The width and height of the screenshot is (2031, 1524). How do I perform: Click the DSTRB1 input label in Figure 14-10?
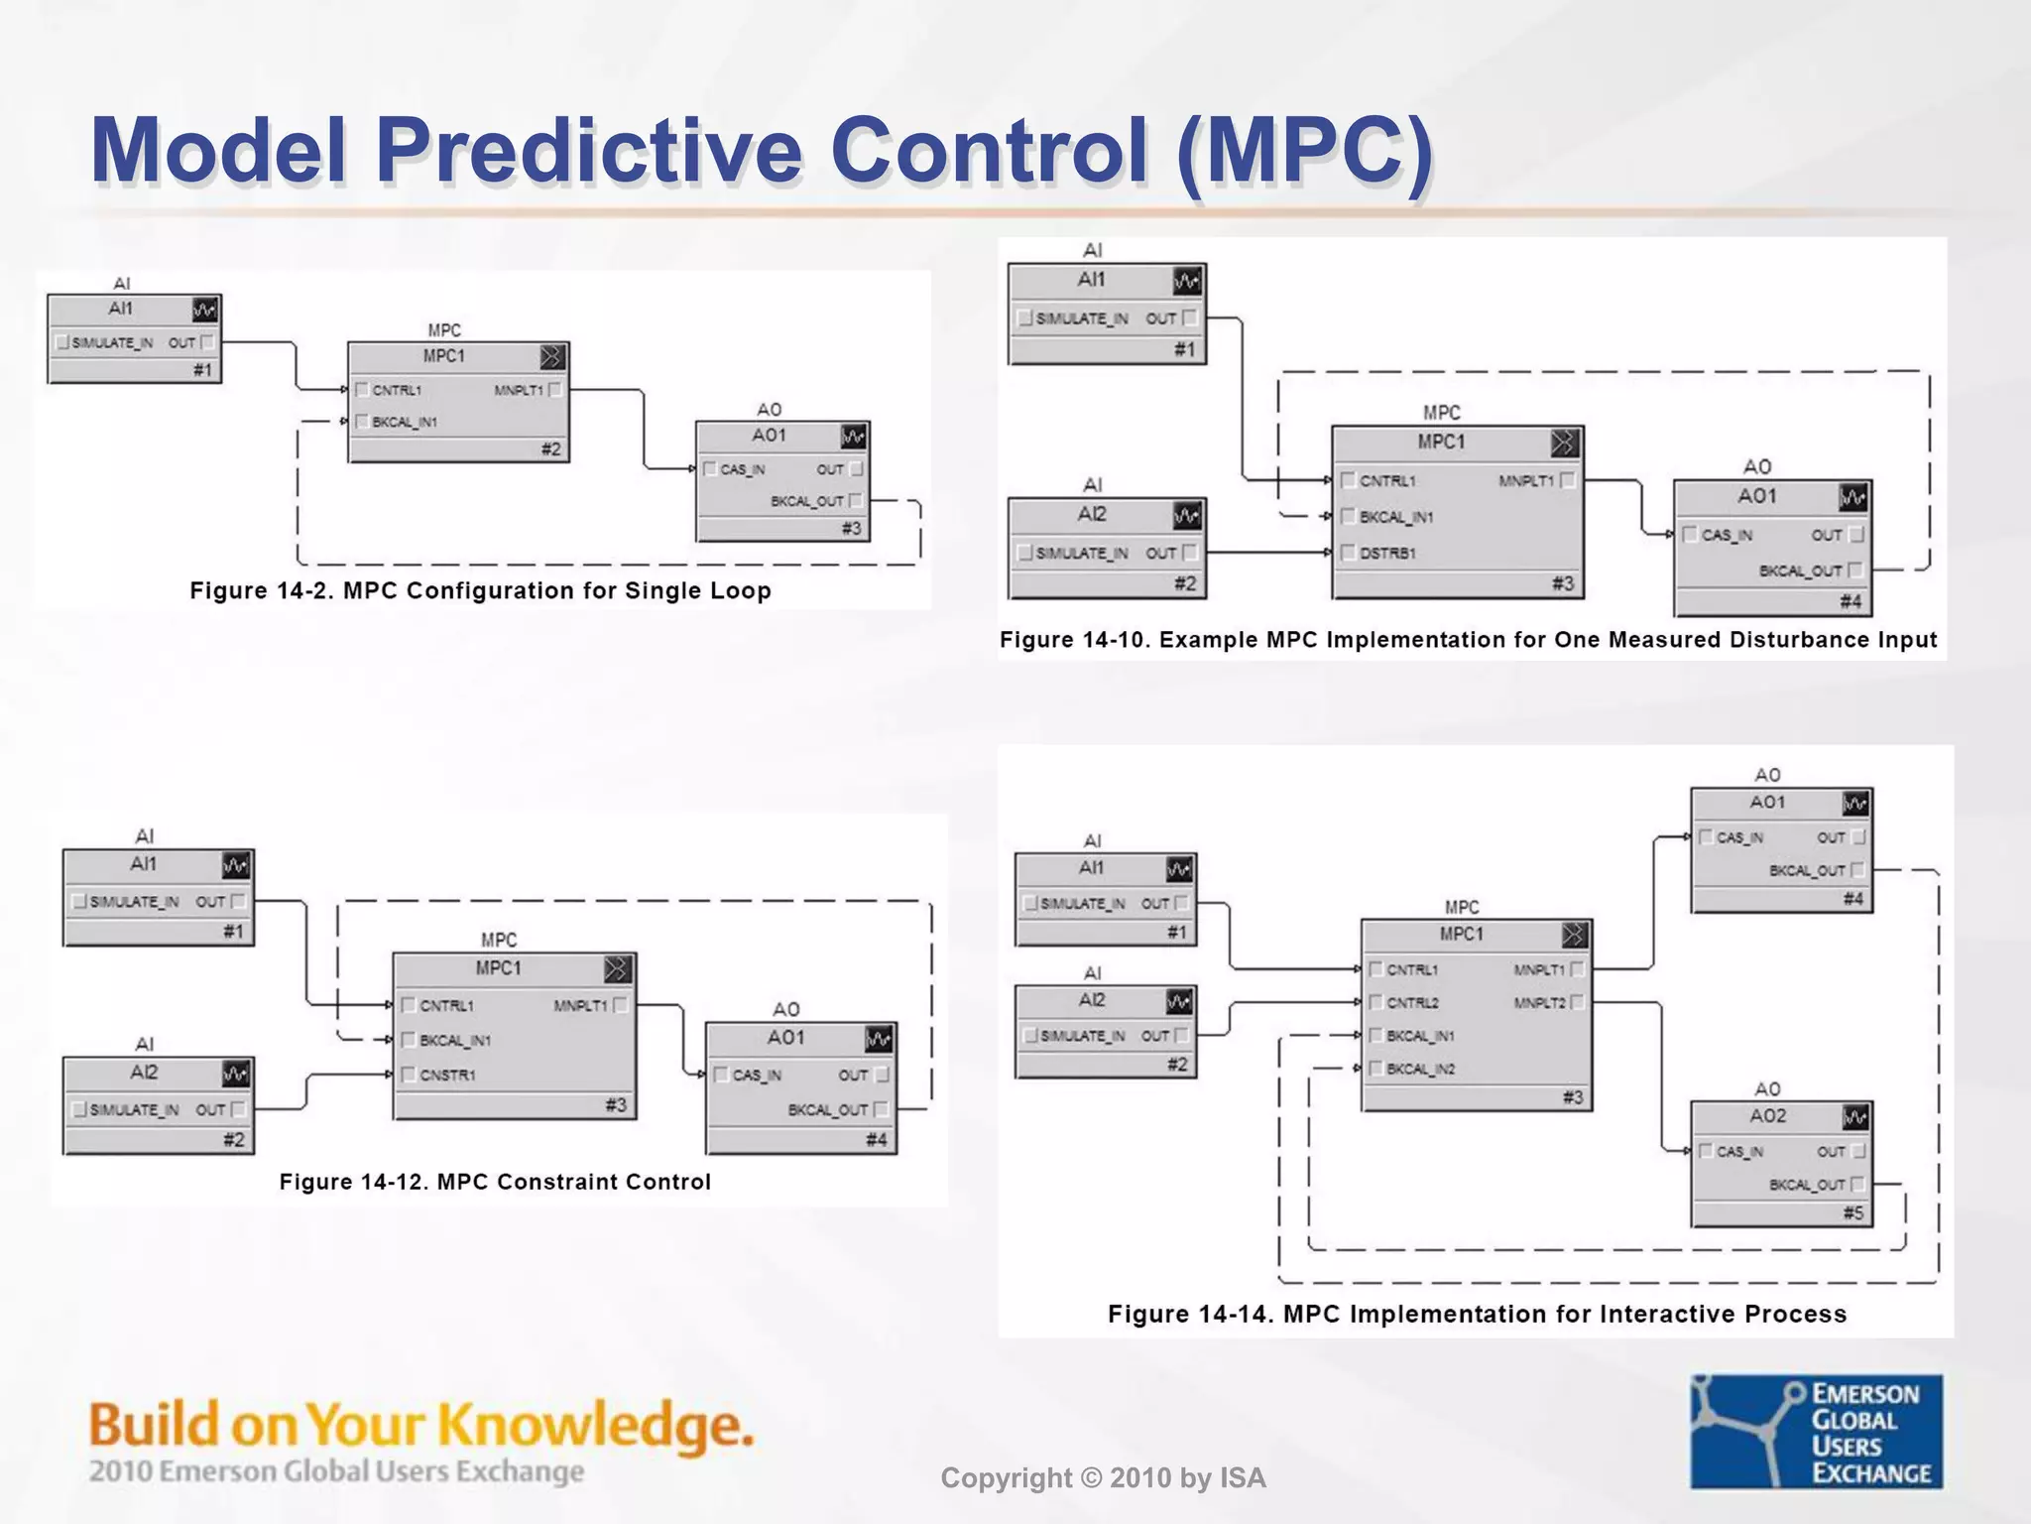(x=1387, y=553)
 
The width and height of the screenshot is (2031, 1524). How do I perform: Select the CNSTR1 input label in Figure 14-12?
(x=447, y=1075)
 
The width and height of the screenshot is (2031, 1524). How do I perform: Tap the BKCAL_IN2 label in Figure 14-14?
(x=1420, y=1069)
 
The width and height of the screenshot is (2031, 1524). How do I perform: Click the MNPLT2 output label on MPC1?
(x=1539, y=1003)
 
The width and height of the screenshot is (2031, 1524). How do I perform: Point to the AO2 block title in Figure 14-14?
(x=1767, y=1116)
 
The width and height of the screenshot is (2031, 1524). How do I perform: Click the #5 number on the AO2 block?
(x=1852, y=1212)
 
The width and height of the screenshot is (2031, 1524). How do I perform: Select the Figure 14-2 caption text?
(x=480, y=590)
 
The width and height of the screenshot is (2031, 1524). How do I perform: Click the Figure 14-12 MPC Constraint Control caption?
(x=495, y=1182)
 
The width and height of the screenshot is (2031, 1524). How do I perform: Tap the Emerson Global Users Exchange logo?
(x=1816, y=1431)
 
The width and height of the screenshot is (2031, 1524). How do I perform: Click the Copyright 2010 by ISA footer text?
(x=1103, y=1478)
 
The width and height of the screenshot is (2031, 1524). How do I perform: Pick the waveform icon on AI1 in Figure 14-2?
(x=205, y=310)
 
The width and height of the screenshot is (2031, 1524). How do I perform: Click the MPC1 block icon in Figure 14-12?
(x=616, y=968)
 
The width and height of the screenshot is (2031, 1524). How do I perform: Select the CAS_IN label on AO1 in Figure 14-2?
(x=742, y=469)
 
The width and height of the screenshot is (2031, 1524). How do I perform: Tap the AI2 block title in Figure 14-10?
(x=1092, y=514)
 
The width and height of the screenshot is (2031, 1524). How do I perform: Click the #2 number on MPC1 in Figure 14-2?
(x=551, y=449)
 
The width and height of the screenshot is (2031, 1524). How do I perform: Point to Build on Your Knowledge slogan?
(x=420, y=1425)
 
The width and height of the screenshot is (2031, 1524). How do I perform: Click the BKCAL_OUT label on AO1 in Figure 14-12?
(x=827, y=1109)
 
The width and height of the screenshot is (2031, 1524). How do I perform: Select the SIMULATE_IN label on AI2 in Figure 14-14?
(x=1082, y=1036)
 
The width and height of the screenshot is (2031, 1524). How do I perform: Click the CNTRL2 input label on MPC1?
(x=1412, y=1003)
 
